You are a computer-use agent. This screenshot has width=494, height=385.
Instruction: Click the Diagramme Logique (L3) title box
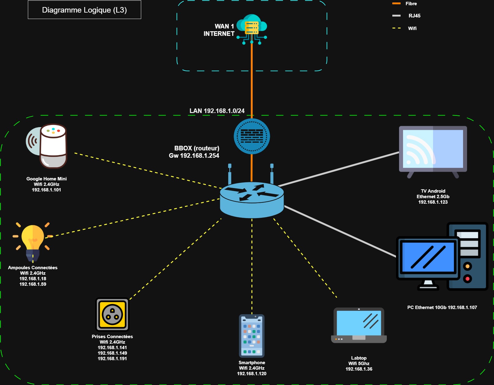point(85,10)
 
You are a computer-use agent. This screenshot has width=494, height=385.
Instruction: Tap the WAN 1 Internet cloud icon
point(252,28)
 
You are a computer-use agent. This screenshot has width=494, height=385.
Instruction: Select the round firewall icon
point(252,136)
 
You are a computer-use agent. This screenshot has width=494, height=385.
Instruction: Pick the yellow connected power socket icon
point(112,315)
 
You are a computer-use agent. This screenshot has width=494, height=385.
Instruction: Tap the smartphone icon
point(252,336)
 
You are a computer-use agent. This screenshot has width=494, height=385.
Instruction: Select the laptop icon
point(359,326)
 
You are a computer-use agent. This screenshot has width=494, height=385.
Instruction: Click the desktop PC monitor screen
point(428,257)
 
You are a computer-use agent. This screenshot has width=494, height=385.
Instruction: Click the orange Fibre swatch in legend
point(396,4)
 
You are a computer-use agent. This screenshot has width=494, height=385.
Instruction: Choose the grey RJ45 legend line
point(396,16)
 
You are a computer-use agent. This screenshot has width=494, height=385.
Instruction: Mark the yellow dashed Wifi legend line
point(396,28)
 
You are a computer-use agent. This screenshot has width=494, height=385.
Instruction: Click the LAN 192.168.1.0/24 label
point(217,111)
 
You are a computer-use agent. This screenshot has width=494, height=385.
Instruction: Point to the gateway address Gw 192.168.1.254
point(194,156)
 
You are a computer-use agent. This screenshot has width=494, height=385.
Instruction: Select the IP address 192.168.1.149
point(112,353)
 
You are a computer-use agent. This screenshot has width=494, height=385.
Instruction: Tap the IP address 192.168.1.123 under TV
point(433,202)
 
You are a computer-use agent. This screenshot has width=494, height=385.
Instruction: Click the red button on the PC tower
point(467,279)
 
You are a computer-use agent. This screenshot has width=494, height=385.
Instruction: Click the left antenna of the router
point(230,174)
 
